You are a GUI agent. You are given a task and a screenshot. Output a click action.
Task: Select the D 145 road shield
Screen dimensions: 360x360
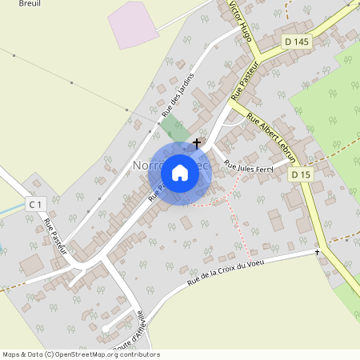coord(296,42)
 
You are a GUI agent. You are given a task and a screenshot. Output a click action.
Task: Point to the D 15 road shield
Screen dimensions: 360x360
coord(301,174)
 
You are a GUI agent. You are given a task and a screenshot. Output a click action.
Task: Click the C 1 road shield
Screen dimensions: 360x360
coord(34,205)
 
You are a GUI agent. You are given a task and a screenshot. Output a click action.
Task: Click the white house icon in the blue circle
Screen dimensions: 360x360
coord(180,171)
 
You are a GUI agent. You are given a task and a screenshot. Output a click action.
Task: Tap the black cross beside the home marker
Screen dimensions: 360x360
coord(197,142)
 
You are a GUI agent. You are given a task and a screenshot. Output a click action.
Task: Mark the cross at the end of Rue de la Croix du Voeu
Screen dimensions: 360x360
coord(317,253)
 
